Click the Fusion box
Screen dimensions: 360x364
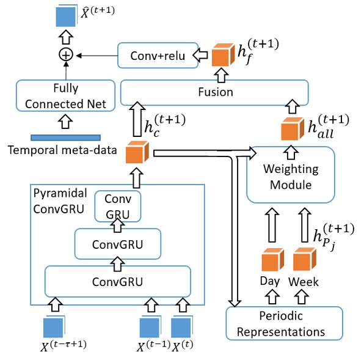[x=216, y=92]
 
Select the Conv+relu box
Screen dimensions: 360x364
[x=157, y=55]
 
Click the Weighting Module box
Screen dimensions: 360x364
[x=290, y=175]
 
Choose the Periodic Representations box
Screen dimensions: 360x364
[x=284, y=323]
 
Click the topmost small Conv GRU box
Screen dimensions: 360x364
[x=117, y=207]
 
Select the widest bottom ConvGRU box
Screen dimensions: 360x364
[x=118, y=281]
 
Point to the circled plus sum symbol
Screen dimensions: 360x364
[x=65, y=55]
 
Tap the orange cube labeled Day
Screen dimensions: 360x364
[x=271, y=261]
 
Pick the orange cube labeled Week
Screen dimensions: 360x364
[x=303, y=261]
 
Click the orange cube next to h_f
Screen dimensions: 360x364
[x=222, y=55]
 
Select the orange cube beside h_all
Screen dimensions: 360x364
[x=292, y=130]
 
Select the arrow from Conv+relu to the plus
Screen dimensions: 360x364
[x=95, y=55]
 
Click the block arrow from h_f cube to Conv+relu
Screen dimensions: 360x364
[x=201, y=56]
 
